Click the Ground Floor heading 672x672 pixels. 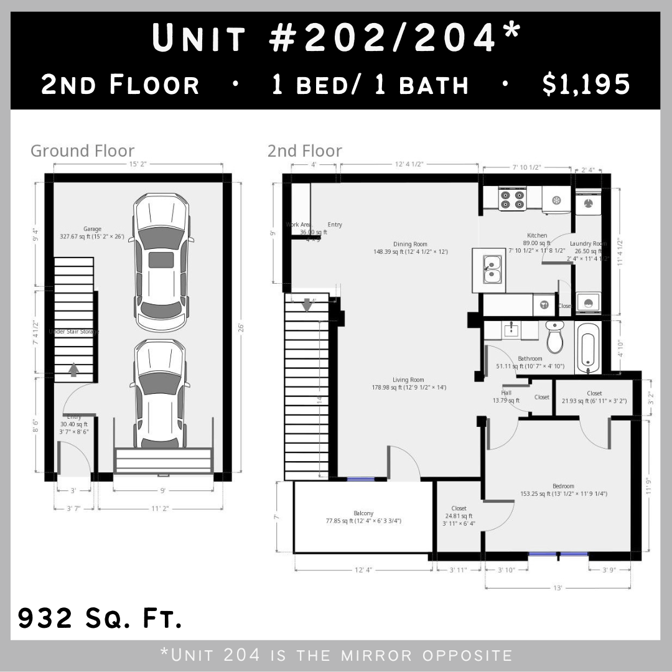click(x=82, y=151)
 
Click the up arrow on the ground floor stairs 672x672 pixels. click(x=73, y=370)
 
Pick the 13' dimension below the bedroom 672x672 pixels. click(x=557, y=588)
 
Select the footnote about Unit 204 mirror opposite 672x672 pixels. click(x=336, y=655)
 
